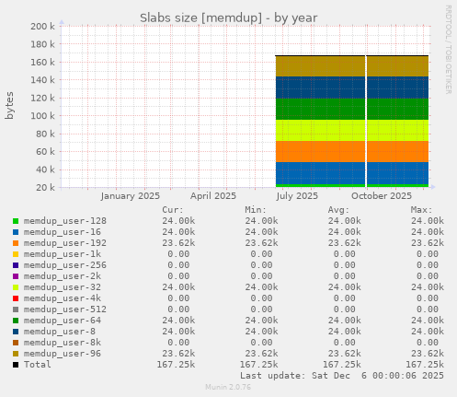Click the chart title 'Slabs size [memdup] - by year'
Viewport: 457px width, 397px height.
click(228, 17)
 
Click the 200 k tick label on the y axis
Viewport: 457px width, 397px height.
click(42, 27)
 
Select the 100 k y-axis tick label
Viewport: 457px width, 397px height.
click(42, 116)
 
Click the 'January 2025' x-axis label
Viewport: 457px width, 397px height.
click(130, 196)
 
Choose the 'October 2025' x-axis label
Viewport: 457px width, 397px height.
click(381, 196)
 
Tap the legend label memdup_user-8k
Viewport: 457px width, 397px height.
click(63, 343)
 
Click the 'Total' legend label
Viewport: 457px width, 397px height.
click(37, 365)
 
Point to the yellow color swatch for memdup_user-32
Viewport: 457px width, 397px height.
click(16, 287)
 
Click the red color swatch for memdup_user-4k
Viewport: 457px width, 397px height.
click(16, 298)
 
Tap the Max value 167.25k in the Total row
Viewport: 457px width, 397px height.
click(424, 365)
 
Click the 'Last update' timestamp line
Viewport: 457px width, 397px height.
click(342, 376)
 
